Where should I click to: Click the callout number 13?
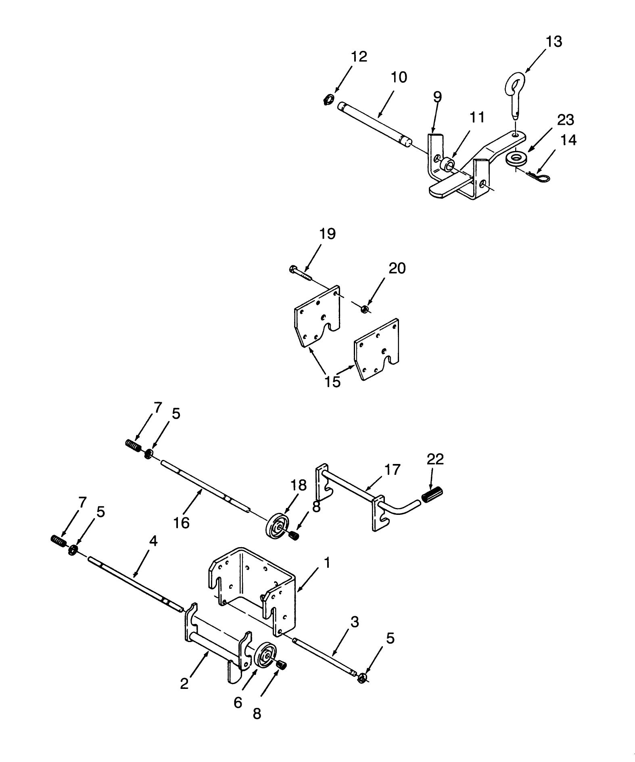click(554, 42)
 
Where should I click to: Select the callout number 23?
click(566, 120)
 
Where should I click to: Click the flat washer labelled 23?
click(515, 158)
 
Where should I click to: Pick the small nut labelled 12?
click(329, 99)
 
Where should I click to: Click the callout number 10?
click(399, 77)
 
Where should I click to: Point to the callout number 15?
click(333, 381)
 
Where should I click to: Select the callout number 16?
click(181, 523)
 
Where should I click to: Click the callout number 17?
click(392, 469)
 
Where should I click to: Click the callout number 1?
click(327, 563)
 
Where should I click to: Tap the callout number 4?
click(153, 542)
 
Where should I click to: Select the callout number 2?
click(184, 684)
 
